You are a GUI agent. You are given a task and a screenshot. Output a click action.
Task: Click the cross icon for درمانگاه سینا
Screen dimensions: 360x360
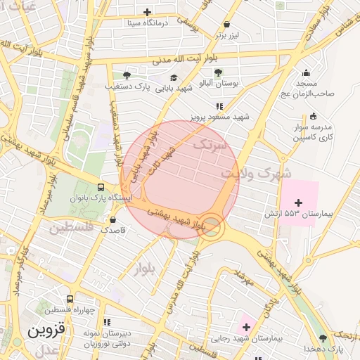(147, 12)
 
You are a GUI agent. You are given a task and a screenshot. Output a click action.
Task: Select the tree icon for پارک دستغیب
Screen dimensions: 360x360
(126, 75)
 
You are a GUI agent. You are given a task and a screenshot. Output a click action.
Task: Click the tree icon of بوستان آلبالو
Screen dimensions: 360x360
(218, 72)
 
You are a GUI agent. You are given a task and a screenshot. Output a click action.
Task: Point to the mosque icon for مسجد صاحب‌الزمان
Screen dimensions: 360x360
(306, 72)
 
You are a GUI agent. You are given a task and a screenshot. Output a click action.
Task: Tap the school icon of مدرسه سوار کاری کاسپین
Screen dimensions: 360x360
(313, 116)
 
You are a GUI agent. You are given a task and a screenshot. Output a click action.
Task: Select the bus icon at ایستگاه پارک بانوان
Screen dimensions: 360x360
(101, 188)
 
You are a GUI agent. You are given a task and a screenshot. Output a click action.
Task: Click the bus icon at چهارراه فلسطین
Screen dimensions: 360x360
(69, 299)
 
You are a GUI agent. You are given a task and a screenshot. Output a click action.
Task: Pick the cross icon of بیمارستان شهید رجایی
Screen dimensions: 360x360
(245, 327)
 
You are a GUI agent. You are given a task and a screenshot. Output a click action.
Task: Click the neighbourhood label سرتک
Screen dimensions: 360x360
(210, 145)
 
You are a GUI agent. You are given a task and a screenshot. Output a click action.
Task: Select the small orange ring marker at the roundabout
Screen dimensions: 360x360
(212, 226)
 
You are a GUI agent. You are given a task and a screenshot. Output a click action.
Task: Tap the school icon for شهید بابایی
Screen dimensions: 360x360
(174, 77)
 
